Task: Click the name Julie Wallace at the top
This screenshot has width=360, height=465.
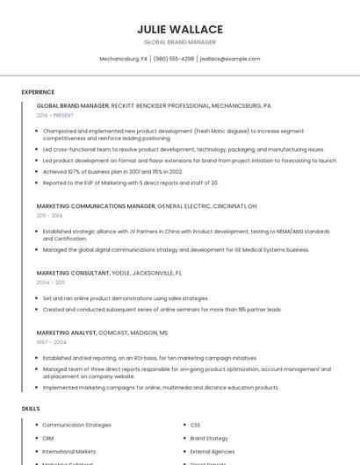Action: pyautogui.click(x=180, y=29)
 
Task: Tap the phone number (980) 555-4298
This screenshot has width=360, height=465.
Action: pyautogui.click(x=173, y=59)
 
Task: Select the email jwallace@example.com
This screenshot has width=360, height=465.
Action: pyautogui.click(x=230, y=59)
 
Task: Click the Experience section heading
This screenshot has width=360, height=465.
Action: pyautogui.click(x=38, y=92)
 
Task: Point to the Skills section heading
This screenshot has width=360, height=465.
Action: pyautogui.click(x=31, y=409)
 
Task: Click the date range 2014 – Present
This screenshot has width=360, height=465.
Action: pyautogui.click(x=55, y=115)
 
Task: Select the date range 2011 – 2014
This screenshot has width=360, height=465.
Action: pyautogui.click(x=49, y=215)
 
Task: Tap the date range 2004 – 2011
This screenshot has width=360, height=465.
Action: pyautogui.click(x=49, y=283)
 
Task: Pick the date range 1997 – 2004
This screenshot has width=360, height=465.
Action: pyautogui.click(x=49, y=342)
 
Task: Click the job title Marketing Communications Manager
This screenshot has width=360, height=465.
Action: pyautogui.click(x=96, y=205)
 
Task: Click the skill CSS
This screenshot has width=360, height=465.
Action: pyautogui.click(x=195, y=425)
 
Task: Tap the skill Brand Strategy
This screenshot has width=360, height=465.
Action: pyautogui.click(x=209, y=438)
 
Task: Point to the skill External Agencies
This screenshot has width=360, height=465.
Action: pyautogui.click(x=212, y=451)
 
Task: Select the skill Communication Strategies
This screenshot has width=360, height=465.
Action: pyautogui.click(x=76, y=425)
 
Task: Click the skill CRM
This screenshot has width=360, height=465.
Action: pyautogui.click(x=48, y=438)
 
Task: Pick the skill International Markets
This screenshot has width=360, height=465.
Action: pyautogui.click(x=69, y=451)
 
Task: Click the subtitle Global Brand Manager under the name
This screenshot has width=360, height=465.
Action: pyautogui.click(x=180, y=42)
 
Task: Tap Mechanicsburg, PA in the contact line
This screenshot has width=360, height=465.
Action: pyautogui.click(x=123, y=59)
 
